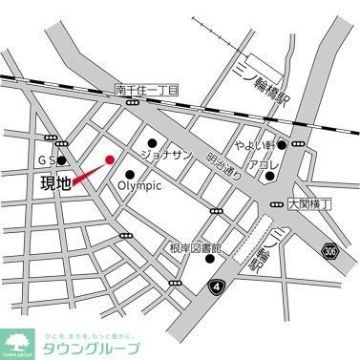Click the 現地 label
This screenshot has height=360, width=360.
tap(56, 184)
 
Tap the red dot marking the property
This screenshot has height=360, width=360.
tap(109, 159)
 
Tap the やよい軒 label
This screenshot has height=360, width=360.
tap(256, 145)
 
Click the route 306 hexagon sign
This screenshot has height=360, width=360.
tap(330, 251)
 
